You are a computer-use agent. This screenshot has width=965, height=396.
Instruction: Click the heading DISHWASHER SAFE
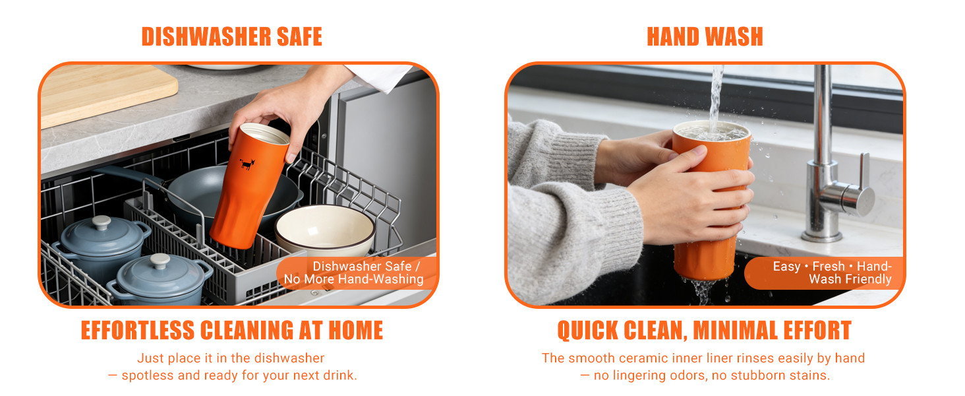[x=231, y=37]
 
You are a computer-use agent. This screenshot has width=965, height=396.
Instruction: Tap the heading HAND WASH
[x=705, y=37]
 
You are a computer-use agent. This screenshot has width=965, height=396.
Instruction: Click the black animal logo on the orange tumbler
[x=247, y=164]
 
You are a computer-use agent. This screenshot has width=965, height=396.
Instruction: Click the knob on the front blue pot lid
[x=161, y=261]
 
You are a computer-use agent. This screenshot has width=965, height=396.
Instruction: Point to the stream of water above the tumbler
[x=716, y=92]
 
